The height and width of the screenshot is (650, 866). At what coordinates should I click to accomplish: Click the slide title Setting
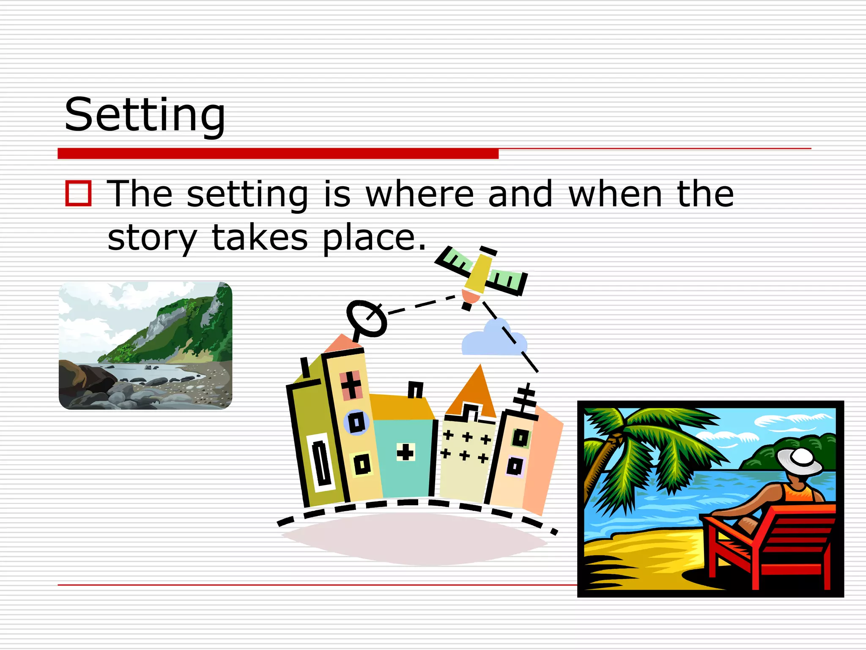click(x=145, y=115)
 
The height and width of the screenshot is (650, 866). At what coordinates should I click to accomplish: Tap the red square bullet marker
click(x=78, y=193)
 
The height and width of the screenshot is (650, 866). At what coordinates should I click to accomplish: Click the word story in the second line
click(x=152, y=238)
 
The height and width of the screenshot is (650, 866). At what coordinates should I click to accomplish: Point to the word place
click(x=374, y=238)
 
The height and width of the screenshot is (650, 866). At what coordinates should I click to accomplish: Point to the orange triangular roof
click(x=473, y=391)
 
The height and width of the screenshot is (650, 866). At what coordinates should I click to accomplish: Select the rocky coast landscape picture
click(x=145, y=345)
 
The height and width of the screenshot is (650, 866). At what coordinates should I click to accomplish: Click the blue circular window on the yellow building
click(x=356, y=422)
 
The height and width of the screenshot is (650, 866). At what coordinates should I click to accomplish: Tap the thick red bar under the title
click(x=278, y=153)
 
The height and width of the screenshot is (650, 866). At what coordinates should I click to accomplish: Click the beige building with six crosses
click(x=464, y=457)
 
